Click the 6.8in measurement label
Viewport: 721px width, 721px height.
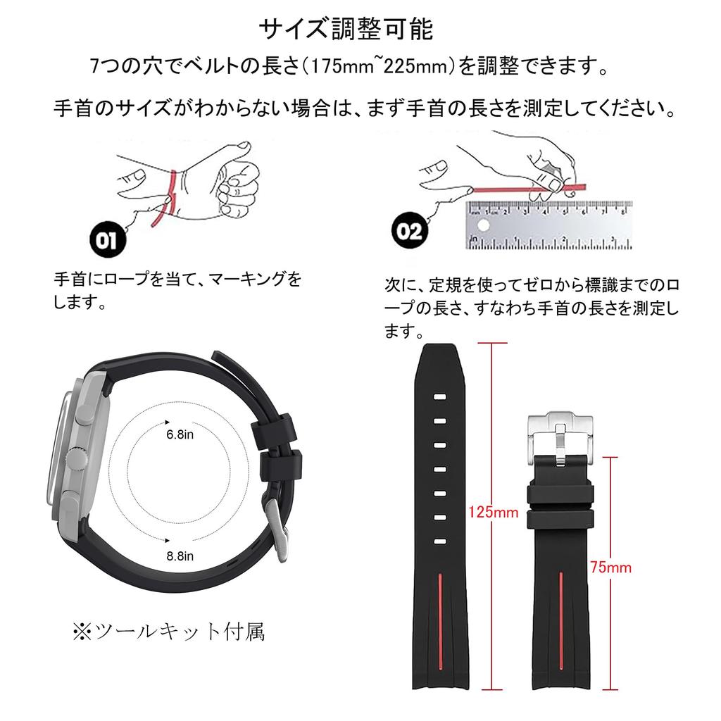click(180, 434)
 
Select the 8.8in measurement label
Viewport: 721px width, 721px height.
click(180, 556)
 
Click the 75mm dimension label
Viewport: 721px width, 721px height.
click(611, 567)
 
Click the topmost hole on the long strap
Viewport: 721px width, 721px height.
click(438, 398)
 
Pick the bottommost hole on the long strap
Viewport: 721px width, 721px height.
click(438, 541)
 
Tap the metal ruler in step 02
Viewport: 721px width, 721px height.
click(549, 225)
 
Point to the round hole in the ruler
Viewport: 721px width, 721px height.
click(484, 226)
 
